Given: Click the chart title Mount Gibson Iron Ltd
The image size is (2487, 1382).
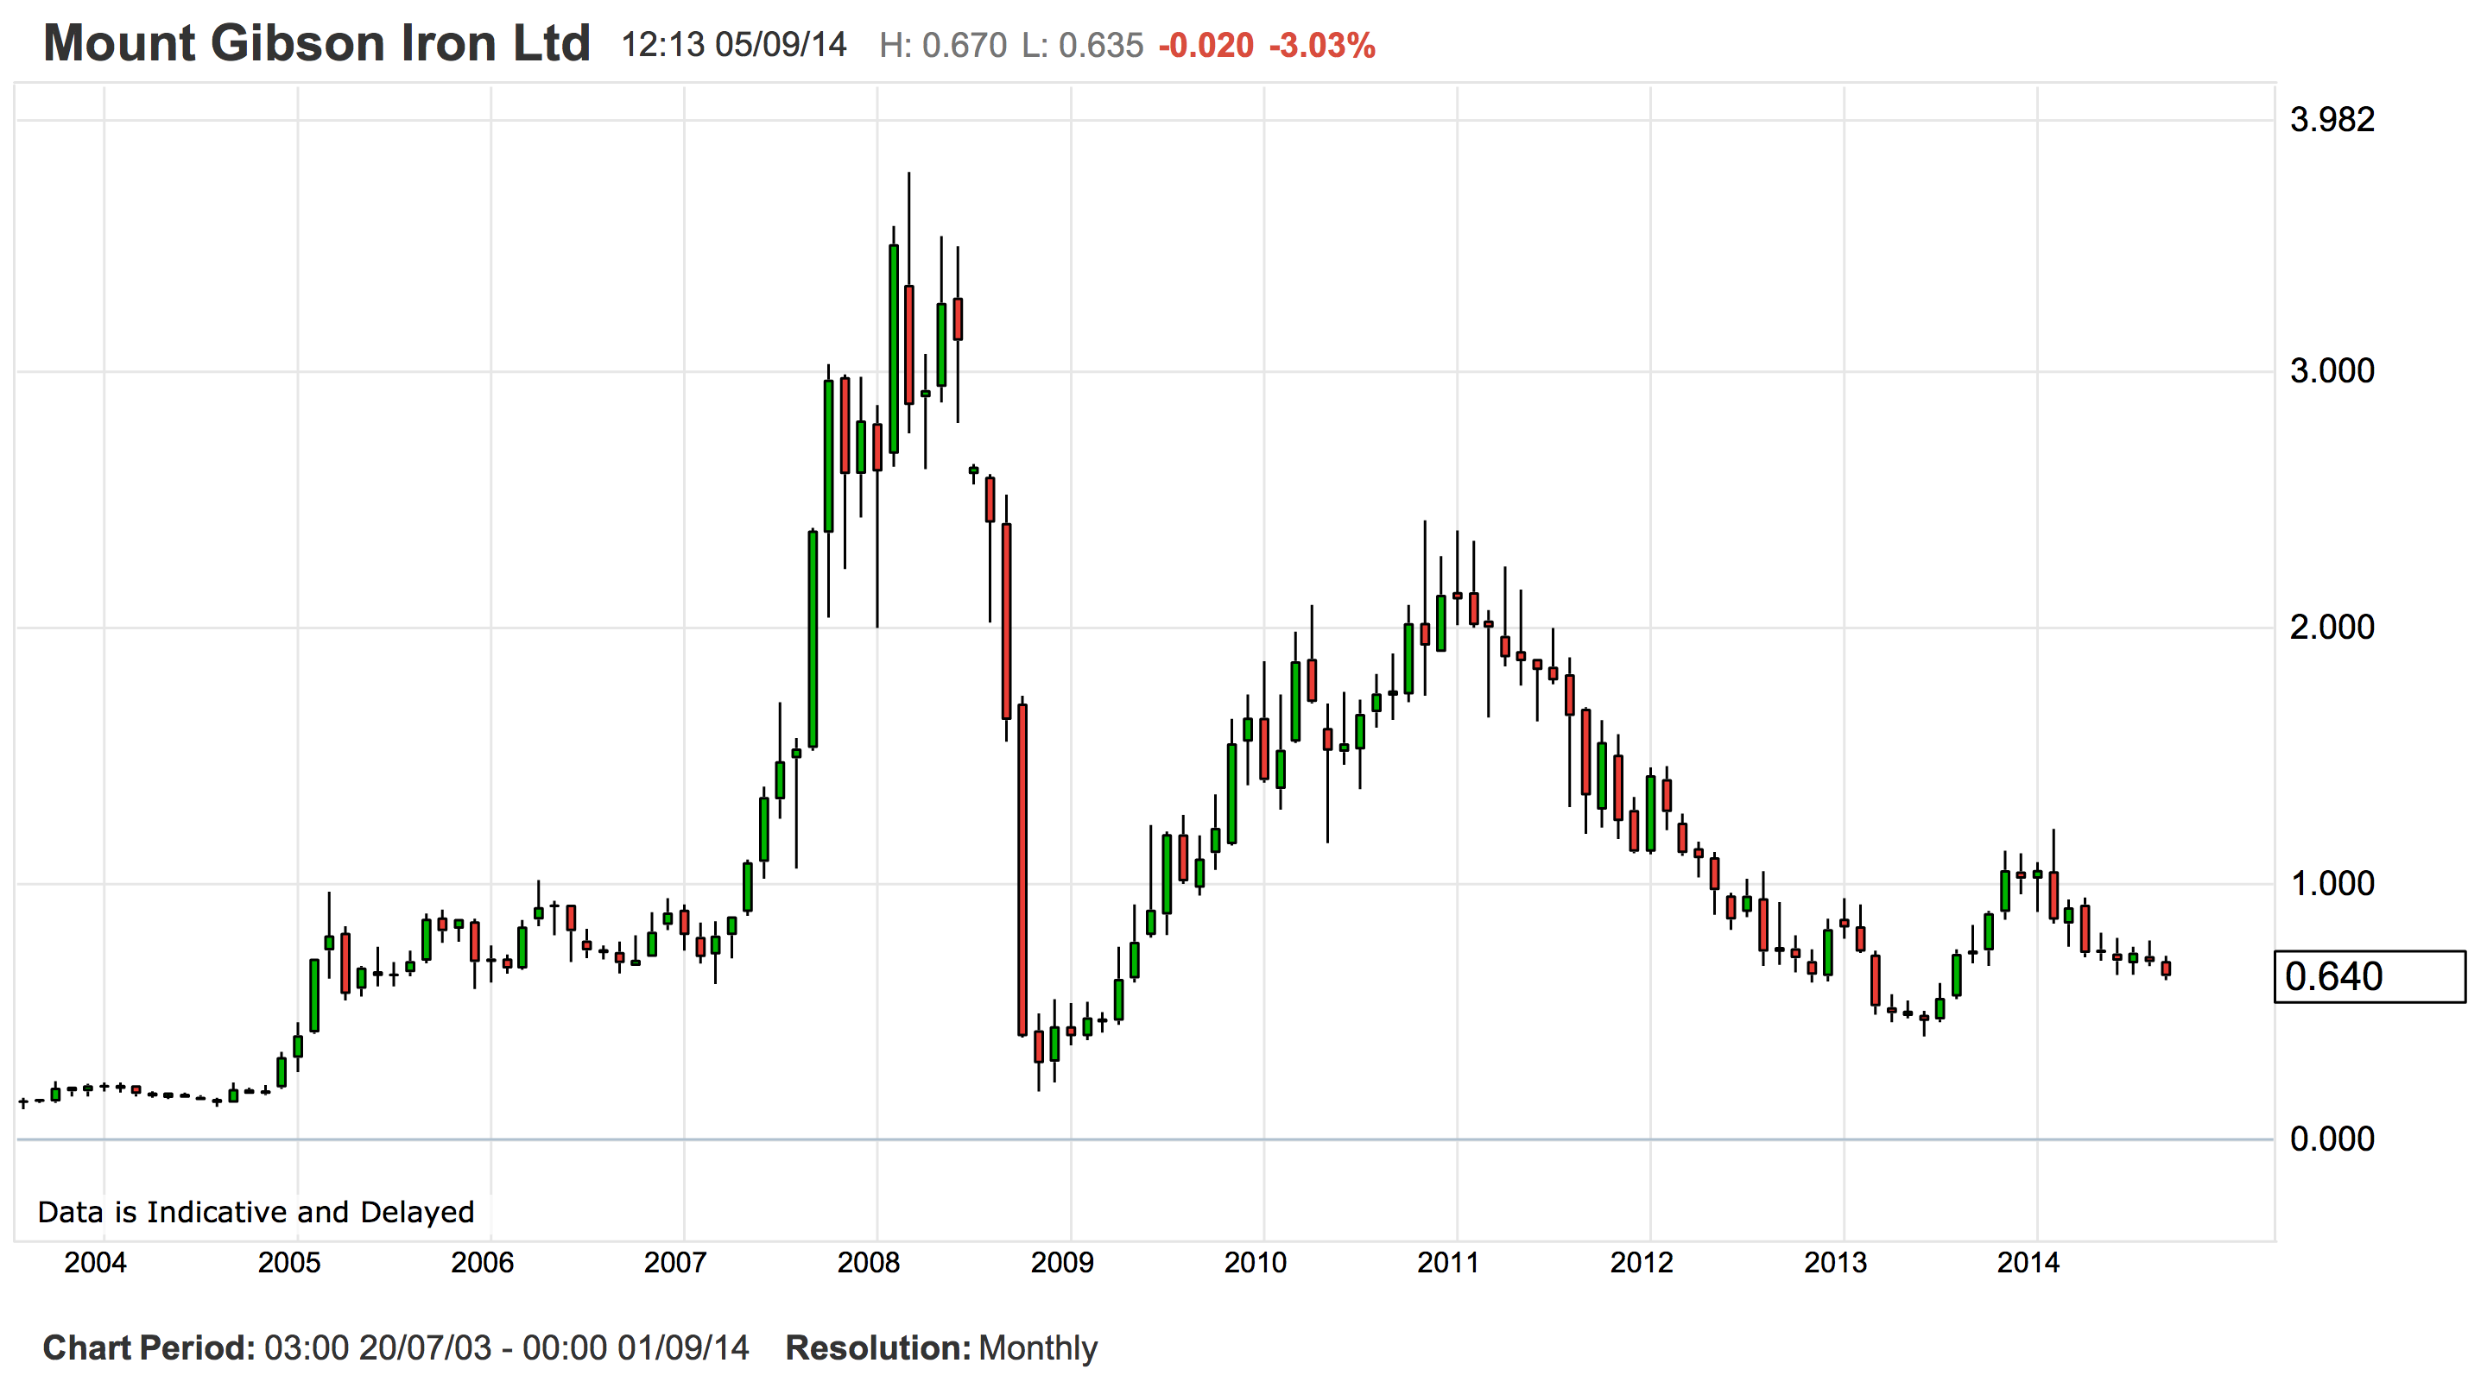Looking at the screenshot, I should point(317,43).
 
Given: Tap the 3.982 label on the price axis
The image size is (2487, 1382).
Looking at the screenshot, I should point(2332,120).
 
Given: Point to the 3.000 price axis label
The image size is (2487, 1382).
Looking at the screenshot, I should point(2332,370).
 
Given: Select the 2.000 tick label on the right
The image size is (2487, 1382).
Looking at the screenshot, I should point(2332,628).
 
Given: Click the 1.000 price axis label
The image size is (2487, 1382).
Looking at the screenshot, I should point(2332,883).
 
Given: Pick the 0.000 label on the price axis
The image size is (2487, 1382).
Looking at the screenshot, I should point(2332,1139).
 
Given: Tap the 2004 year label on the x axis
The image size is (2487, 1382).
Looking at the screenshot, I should point(95,1262).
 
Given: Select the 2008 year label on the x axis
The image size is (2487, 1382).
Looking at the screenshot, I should point(868,1262).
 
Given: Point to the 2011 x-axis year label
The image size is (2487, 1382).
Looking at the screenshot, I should point(1447,1262).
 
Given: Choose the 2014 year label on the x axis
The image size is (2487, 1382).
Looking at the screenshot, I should point(2028,1262).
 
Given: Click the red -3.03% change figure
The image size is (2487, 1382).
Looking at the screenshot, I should point(1322,46).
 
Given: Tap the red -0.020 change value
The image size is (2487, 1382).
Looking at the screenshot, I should point(1206,46).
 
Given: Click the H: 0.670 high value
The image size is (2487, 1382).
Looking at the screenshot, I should point(942,46).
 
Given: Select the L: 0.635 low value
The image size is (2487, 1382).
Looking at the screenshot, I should point(1082,46).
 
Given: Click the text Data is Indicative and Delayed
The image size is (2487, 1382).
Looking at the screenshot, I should point(256,1212).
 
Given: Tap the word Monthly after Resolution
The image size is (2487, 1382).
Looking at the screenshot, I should point(1038,1348).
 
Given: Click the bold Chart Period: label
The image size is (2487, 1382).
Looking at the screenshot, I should point(149,1348).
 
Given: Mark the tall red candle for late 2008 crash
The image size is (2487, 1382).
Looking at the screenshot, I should point(1022,868).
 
